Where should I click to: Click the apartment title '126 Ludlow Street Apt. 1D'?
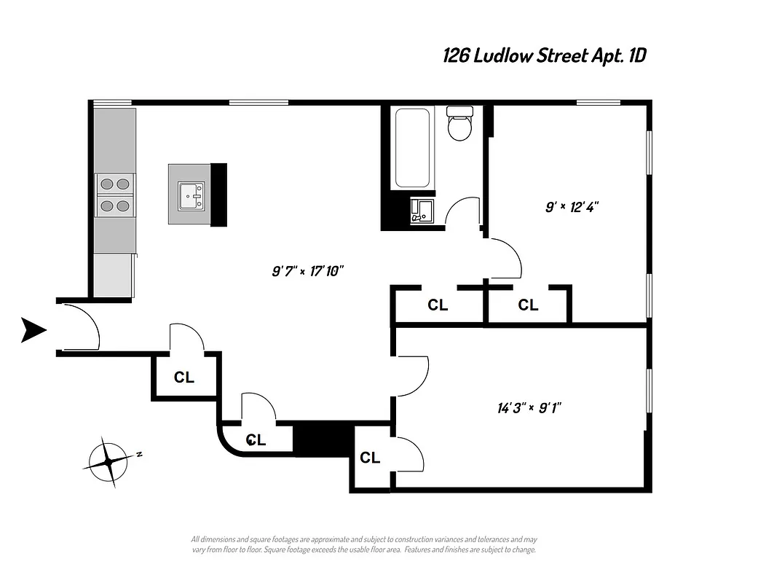tap(545, 56)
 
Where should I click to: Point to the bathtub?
tap(411, 148)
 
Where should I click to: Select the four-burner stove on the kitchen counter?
tap(115, 195)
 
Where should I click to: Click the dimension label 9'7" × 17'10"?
tap(307, 271)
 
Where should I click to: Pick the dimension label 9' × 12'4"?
tap(572, 207)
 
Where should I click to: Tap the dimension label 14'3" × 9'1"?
tap(524, 407)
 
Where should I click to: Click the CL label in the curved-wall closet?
tap(256, 440)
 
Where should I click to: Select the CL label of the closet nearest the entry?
tap(183, 377)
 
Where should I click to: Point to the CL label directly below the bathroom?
tap(438, 305)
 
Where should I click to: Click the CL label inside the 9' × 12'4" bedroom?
tap(528, 305)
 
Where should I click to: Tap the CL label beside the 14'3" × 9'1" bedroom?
tap(370, 458)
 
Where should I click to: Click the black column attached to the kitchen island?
tap(218, 195)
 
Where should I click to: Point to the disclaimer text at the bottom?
tap(363, 544)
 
